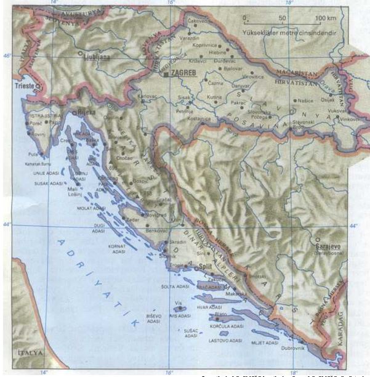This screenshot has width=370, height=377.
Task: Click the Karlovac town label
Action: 147,97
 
